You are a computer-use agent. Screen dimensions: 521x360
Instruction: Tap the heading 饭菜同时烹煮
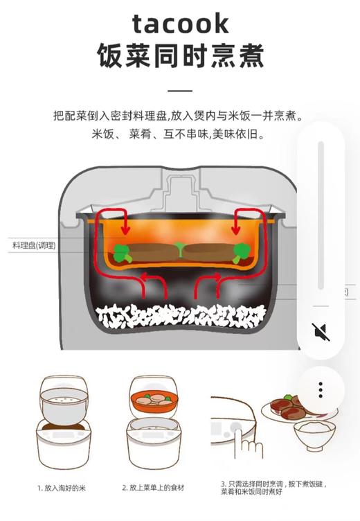pos(180,56)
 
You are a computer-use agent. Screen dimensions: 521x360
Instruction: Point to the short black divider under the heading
pos(180,90)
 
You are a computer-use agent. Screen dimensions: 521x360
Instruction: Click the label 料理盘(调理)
pos(35,245)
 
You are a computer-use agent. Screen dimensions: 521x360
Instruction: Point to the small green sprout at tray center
pos(180,247)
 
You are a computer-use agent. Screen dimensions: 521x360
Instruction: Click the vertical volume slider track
pos(321,215)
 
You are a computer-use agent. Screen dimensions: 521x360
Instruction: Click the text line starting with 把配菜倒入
pos(180,116)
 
